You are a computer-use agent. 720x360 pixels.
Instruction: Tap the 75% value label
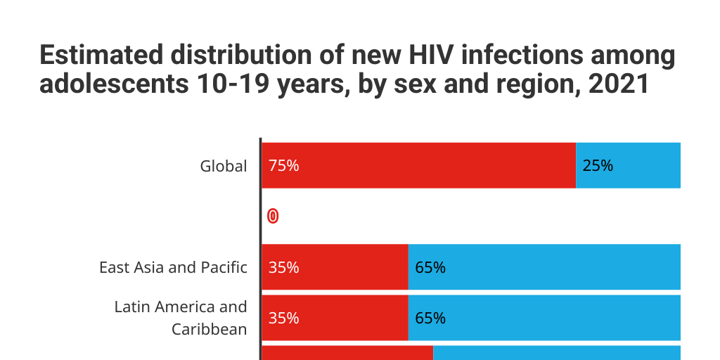tap(283, 166)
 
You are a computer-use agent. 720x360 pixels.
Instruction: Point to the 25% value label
tap(598, 166)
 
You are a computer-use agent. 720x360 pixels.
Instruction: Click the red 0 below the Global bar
tap(273, 217)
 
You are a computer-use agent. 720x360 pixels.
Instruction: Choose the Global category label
tap(224, 166)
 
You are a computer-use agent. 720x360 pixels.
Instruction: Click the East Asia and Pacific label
tap(173, 267)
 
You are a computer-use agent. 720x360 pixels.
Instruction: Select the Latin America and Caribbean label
tap(181, 318)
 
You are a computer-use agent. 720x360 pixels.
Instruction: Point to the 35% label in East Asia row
tap(283, 267)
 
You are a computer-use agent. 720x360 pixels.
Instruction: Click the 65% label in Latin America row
tap(430, 318)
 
